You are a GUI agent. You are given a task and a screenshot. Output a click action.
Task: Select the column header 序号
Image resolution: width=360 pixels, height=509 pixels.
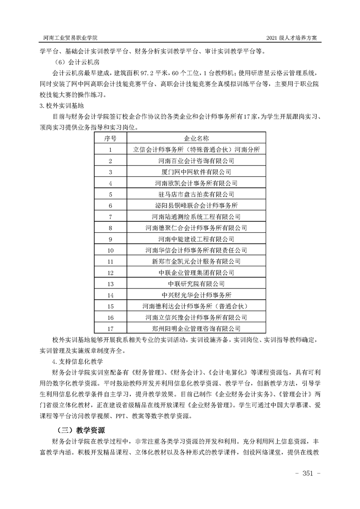click(110, 138)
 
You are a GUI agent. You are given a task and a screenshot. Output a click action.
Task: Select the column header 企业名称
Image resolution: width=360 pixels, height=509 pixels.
click(196, 138)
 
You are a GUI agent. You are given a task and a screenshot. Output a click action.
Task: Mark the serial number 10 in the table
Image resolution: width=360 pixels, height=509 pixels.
click(110, 250)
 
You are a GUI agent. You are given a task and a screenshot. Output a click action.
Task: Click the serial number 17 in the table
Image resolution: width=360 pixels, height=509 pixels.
click(110, 328)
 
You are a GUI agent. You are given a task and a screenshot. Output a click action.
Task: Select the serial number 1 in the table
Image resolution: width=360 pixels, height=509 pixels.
click(110, 149)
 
